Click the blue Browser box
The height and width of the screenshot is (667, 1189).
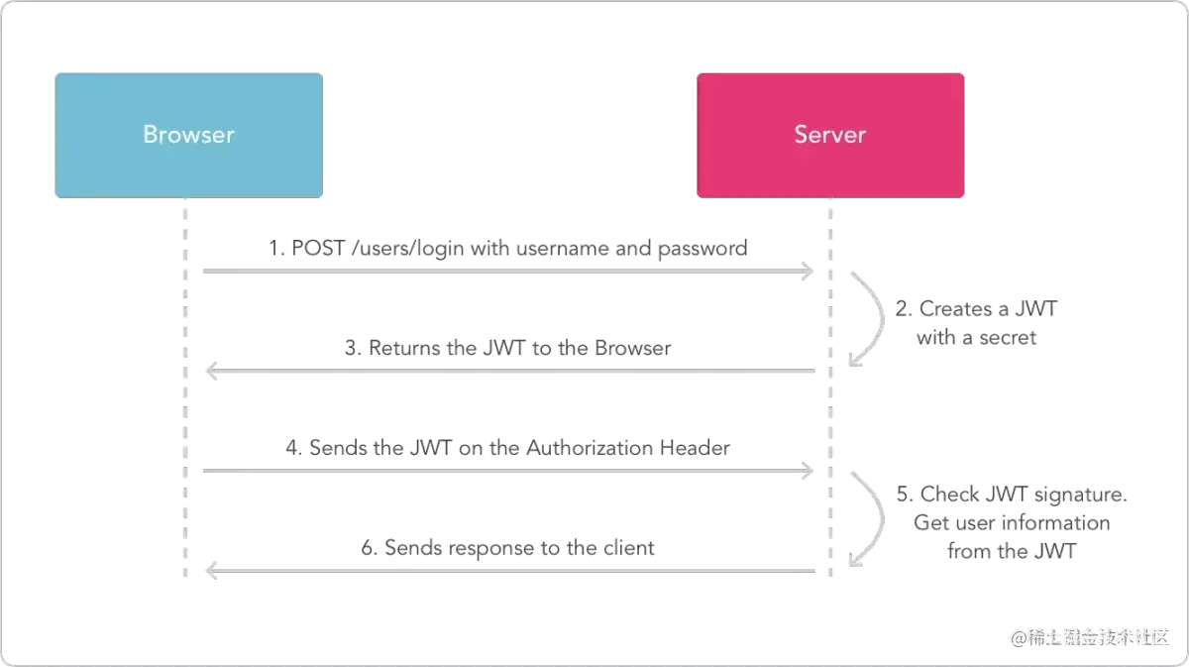coord(188,136)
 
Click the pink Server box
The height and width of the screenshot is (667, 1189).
coord(830,136)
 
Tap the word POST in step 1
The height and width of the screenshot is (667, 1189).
coord(318,248)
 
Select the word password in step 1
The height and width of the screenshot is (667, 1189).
coord(703,249)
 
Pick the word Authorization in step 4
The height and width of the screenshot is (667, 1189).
coord(590,448)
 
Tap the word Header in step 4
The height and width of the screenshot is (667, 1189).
coord(695,448)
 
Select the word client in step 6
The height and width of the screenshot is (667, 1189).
coord(628,547)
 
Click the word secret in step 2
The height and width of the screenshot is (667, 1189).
coord(1008,337)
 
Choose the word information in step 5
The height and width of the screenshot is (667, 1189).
coord(1055,522)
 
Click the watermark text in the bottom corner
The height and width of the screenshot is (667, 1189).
coord(1090,637)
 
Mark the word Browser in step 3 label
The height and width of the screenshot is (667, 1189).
coord(633,348)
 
